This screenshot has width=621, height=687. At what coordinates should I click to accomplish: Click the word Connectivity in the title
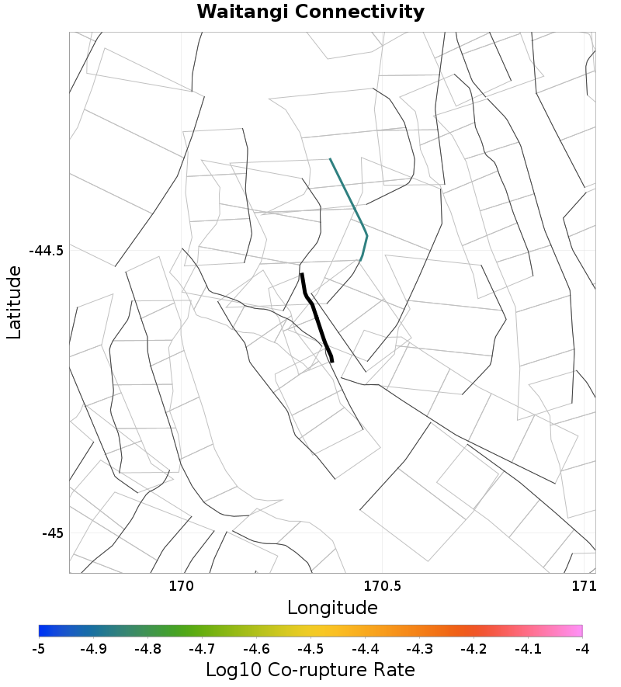tap(361, 12)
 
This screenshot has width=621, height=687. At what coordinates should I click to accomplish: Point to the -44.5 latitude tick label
tap(46, 251)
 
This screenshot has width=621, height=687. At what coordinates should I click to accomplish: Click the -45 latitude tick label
tap(53, 533)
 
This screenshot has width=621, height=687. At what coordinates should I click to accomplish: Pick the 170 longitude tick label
tap(181, 585)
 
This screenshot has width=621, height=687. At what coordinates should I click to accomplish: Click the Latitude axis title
tap(14, 302)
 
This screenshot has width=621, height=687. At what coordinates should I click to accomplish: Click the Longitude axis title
tap(332, 608)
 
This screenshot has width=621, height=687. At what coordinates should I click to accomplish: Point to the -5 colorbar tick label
tap(39, 649)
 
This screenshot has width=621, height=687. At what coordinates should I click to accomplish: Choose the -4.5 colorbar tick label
tap(310, 649)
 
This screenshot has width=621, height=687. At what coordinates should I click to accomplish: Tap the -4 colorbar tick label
tap(582, 649)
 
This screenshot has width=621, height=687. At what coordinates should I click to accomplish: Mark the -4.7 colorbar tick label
tap(202, 649)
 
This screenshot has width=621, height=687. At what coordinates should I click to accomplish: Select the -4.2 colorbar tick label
tap(474, 649)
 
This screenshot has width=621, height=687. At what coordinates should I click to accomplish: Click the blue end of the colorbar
tap(42, 630)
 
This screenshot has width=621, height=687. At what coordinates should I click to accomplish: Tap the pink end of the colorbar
tap(579, 630)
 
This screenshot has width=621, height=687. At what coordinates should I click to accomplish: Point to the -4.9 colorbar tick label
tap(93, 649)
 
